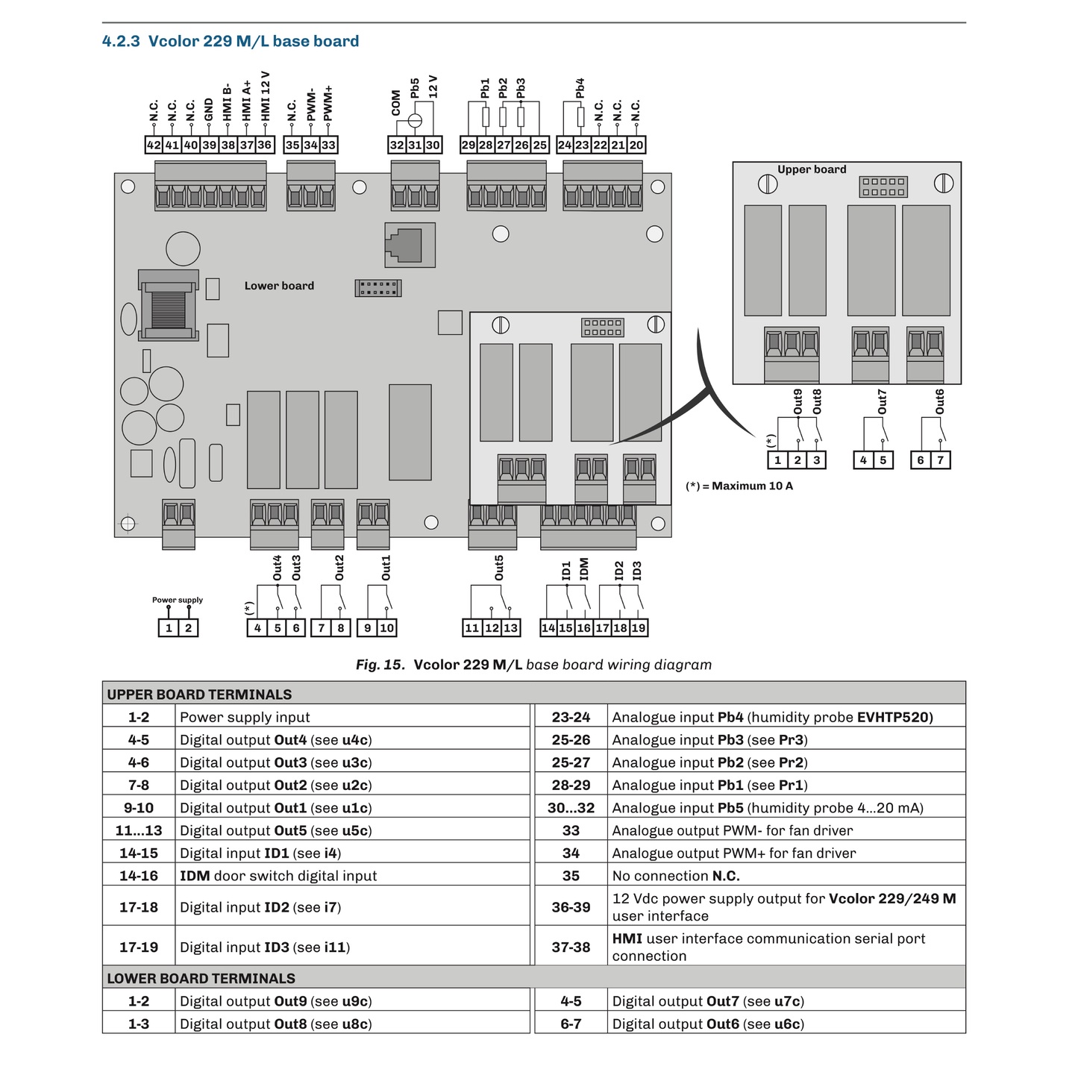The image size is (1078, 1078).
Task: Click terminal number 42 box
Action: [154, 145]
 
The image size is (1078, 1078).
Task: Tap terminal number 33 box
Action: [329, 145]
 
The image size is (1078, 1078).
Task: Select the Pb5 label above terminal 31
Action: [415, 87]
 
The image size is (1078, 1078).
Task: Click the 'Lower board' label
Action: [279, 286]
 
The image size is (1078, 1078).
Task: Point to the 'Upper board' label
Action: [812, 169]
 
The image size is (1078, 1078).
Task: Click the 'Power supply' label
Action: [178, 600]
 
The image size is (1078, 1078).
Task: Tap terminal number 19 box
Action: [639, 628]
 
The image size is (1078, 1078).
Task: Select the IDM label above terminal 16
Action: [584, 568]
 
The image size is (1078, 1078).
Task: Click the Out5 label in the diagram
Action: [499, 568]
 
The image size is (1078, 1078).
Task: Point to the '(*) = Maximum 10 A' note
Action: [739, 486]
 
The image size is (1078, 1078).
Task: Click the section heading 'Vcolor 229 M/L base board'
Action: [231, 41]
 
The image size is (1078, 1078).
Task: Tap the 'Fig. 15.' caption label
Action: [380, 665]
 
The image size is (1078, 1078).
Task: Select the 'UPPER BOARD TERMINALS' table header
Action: [199, 695]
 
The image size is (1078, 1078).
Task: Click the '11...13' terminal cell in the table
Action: [139, 830]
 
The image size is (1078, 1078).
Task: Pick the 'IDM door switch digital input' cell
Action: [278, 876]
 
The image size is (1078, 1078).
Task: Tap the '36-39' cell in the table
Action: [571, 907]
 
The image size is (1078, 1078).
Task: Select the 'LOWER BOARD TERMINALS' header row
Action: [201, 978]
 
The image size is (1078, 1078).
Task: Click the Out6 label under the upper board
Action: [939, 401]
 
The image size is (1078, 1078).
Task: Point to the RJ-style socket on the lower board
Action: [409, 244]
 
